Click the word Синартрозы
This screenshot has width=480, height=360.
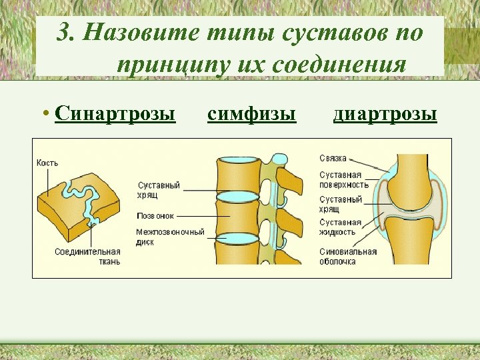(x=115, y=115)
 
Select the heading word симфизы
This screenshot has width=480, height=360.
(x=251, y=115)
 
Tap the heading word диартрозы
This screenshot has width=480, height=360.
(x=385, y=115)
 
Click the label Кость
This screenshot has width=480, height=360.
(x=47, y=163)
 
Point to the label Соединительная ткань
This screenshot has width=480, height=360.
(x=88, y=256)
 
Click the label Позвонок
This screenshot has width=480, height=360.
(x=155, y=216)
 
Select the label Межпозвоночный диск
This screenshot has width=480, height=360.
(x=170, y=237)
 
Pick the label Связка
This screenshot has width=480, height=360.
(x=333, y=159)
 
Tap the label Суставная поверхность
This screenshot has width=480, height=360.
(x=343, y=179)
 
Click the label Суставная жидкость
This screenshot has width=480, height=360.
(x=340, y=227)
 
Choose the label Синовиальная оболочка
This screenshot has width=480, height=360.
(x=347, y=257)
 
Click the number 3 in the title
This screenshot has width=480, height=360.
(x=64, y=33)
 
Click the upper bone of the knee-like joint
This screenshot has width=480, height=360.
(x=413, y=180)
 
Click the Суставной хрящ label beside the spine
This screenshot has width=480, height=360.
(x=159, y=189)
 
